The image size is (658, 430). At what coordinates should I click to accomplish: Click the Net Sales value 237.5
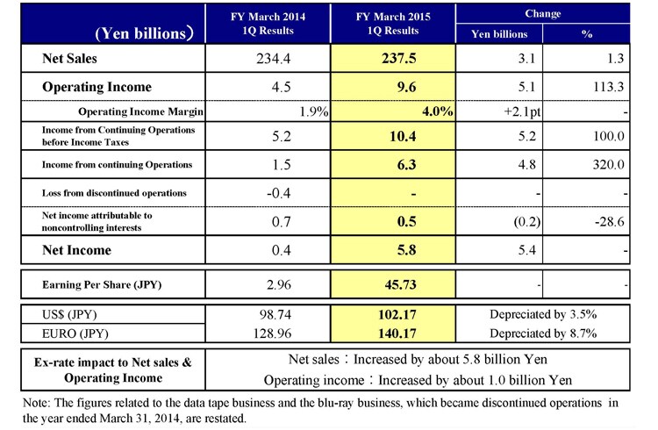398,59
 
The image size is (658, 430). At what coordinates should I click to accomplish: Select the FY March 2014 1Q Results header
268,24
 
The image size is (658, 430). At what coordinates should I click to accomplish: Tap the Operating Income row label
97,87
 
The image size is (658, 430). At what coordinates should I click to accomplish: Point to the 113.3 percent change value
609,87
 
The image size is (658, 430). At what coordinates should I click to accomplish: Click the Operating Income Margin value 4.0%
437,111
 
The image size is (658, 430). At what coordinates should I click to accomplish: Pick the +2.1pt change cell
522,111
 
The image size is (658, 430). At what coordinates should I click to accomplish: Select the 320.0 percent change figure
609,165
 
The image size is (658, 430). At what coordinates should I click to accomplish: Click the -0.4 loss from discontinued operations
279,193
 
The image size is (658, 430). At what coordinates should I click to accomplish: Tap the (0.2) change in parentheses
527,221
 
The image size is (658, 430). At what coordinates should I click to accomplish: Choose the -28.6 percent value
610,221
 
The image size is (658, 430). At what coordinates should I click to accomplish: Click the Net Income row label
77,250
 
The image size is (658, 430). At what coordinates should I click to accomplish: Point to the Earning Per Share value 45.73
400,284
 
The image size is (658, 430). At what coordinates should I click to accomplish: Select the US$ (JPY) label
69,314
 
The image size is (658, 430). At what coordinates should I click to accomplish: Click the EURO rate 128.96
272,333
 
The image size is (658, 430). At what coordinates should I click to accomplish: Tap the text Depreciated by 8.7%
543,333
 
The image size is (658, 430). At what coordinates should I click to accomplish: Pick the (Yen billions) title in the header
145,33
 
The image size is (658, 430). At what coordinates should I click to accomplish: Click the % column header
587,34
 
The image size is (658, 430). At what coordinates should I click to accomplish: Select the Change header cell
542,14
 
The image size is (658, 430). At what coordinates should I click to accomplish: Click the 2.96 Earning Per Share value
279,284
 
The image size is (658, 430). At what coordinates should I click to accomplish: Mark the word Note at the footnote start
35,403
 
